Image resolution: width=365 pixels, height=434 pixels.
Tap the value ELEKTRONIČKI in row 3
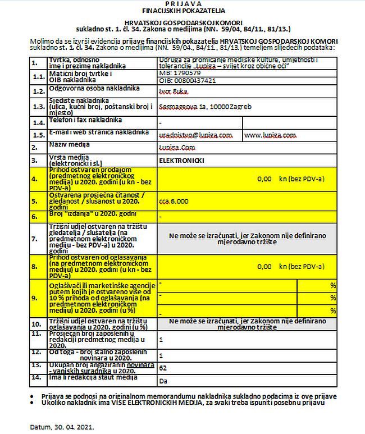[181, 161]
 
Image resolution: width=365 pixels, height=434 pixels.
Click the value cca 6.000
[174, 200]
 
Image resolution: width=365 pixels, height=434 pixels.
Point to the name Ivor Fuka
[174, 91]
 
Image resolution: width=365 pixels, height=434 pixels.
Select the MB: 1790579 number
[180, 73]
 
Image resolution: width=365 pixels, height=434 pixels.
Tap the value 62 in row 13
[163, 368]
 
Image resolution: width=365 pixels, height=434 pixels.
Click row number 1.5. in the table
[38, 135]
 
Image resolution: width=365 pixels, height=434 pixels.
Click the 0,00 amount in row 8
[264, 268]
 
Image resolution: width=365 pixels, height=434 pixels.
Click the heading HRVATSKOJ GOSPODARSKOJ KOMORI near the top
[183, 21]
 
